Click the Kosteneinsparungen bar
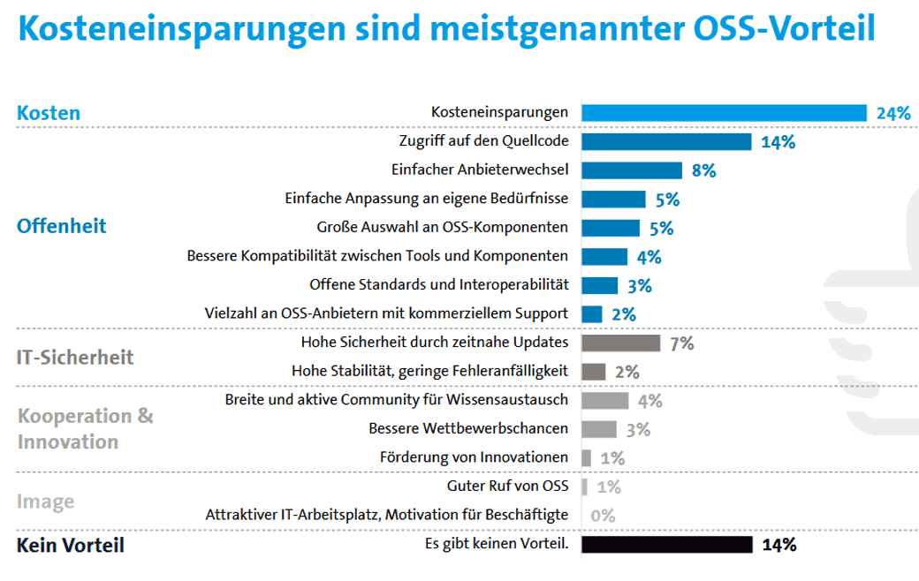click(x=724, y=113)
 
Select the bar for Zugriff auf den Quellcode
click(x=666, y=142)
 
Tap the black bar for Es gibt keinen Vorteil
click(x=667, y=545)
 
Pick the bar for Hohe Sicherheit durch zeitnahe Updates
click(x=620, y=343)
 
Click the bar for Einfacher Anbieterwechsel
click(x=632, y=170)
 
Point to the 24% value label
click(x=893, y=113)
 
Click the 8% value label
click(x=704, y=170)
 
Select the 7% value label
click(x=681, y=343)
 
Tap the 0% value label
click(x=603, y=516)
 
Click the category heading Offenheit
click(x=62, y=226)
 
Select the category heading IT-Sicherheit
click(x=75, y=358)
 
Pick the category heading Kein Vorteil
click(x=71, y=546)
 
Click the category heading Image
click(x=46, y=502)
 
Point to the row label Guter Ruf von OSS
click(x=507, y=487)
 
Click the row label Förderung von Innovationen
click(x=475, y=457)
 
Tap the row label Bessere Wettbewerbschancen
click(x=468, y=429)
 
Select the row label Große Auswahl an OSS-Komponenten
click(x=443, y=227)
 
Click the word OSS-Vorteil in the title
click(x=784, y=28)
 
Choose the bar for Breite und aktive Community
click(x=604, y=401)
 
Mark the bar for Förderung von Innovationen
click(x=586, y=458)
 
